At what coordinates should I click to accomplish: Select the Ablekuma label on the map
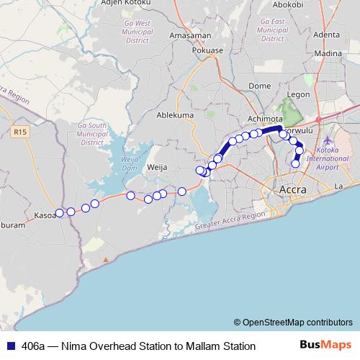coord(176,114)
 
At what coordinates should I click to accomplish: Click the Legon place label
coord(297,94)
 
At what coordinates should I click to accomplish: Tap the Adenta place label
coord(326,34)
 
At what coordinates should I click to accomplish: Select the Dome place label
coord(259,86)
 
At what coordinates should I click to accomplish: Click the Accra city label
coord(291,190)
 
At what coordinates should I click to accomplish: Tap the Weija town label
coord(157,166)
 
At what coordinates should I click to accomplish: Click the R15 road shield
coord(19,132)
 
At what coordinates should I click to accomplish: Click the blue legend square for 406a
coord(9,346)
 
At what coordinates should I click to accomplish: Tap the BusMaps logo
coord(325,346)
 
